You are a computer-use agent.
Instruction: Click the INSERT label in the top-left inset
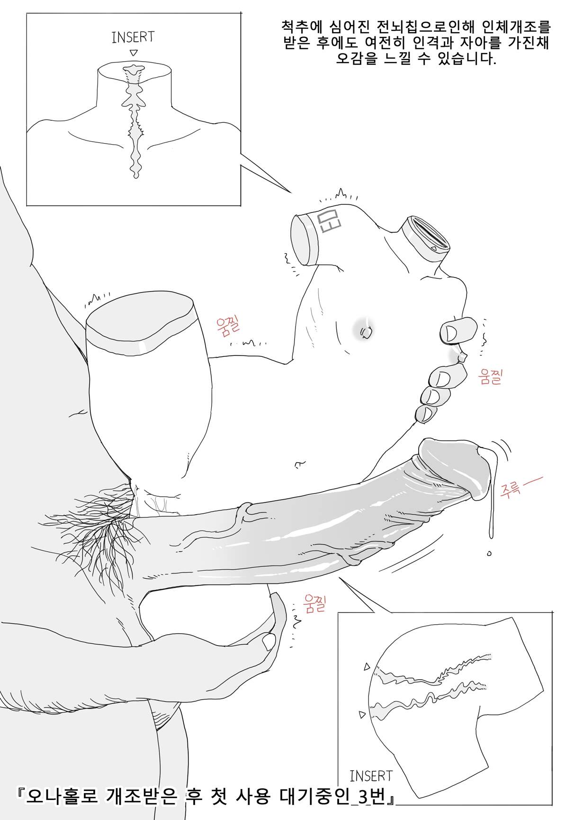[x=133, y=37]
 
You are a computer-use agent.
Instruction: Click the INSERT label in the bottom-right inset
[x=371, y=775]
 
